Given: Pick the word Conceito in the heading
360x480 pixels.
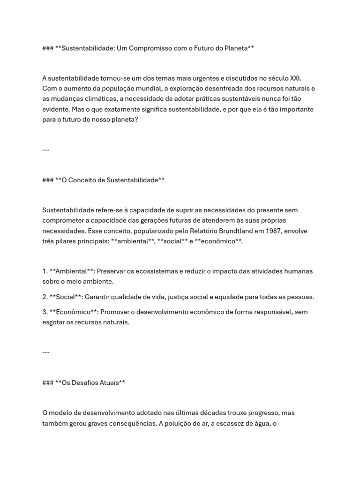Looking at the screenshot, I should [88, 180].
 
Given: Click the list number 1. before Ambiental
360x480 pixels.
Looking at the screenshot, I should [45, 271].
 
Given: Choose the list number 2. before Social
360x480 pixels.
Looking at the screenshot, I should [45, 297].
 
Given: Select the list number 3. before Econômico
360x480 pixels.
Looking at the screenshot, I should [45, 312].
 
